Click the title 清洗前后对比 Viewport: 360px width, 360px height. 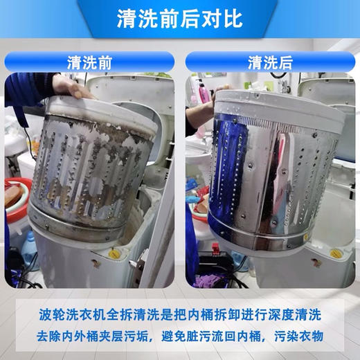[x=179, y=18]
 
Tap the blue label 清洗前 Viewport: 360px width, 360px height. [x=89, y=62]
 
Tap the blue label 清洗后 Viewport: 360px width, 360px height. [x=270, y=62]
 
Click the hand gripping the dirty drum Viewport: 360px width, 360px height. [x=69, y=87]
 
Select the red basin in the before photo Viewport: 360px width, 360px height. [x=15, y=197]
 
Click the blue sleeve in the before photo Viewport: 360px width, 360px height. [x=28, y=90]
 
